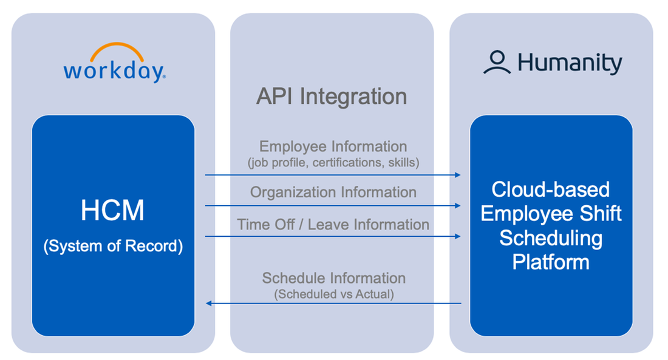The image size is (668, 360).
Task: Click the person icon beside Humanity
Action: [x=497, y=63]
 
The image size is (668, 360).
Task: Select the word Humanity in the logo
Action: [x=570, y=63]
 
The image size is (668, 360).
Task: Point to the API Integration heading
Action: [x=332, y=97]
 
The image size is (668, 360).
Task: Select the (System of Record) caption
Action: [x=113, y=247]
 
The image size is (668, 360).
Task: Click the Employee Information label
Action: [x=333, y=146]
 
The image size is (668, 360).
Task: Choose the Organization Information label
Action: [x=333, y=192]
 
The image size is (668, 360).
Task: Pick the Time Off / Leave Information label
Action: [x=333, y=224]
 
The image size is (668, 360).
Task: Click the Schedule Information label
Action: [x=333, y=278]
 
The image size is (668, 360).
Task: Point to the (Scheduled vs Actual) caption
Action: [x=333, y=294]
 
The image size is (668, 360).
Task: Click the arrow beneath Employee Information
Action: [x=333, y=175]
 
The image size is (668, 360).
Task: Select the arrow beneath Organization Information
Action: [x=333, y=206]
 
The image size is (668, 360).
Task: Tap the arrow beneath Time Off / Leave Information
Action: [x=333, y=237]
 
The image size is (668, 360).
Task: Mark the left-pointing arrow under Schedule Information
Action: [x=333, y=304]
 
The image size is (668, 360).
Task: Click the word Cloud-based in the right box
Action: [x=550, y=189]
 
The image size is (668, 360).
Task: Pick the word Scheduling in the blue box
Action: [x=550, y=238]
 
